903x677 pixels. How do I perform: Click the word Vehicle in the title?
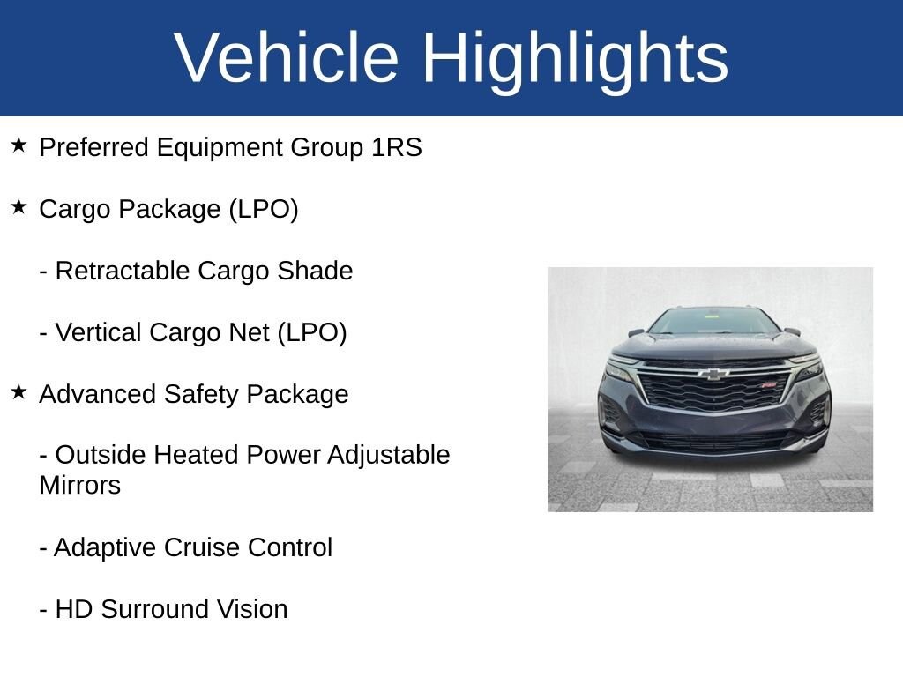tap(287, 58)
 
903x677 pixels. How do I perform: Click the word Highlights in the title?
tap(575, 58)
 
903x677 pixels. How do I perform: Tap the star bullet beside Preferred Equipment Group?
tap(19, 145)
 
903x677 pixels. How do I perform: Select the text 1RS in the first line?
tap(396, 148)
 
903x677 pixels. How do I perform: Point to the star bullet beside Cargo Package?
tap(19, 207)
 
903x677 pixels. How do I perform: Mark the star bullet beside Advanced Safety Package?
tap(19, 392)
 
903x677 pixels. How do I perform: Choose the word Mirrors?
tap(79, 486)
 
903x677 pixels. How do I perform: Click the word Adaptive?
tap(105, 548)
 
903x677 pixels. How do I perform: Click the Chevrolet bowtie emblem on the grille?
tap(713, 375)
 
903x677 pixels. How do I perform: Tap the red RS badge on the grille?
tap(768, 384)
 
